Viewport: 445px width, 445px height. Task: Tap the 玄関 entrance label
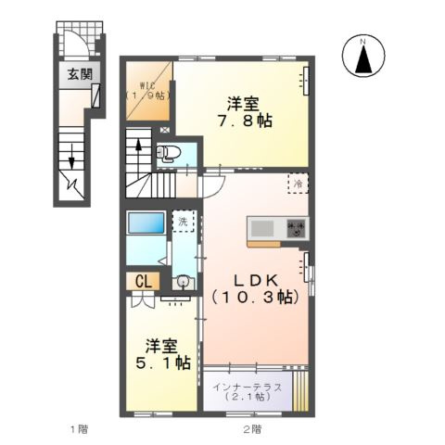(78, 75)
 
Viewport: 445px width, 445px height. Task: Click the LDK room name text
(251, 280)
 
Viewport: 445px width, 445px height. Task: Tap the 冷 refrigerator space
(299, 184)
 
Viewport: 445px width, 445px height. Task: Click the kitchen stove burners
(296, 228)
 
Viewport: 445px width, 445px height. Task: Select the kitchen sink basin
(261, 228)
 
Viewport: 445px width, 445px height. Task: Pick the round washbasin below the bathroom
(183, 282)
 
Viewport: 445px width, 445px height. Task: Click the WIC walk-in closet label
(146, 85)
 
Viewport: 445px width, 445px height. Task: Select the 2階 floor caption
(252, 429)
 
